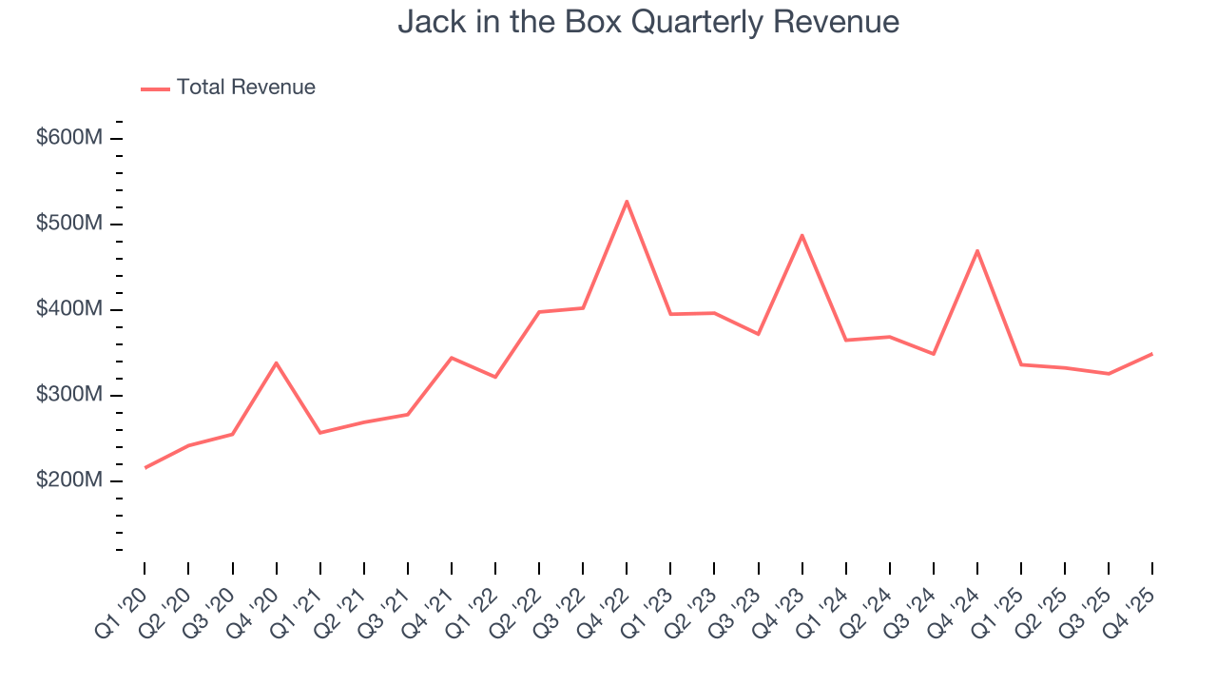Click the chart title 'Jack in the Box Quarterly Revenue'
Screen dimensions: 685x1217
[x=648, y=21]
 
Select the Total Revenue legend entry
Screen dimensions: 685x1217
[x=228, y=88]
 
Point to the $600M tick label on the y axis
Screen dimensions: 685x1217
[x=68, y=138]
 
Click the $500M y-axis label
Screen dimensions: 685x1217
[x=68, y=224]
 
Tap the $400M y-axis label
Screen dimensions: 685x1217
[x=68, y=309]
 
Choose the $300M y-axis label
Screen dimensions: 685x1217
[x=68, y=395]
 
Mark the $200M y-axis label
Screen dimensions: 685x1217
[x=68, y=480]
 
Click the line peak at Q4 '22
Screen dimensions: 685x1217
[x=627, y=201]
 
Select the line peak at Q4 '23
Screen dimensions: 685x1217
[x=802, y=235]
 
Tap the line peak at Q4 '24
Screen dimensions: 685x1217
[x=977, y=250]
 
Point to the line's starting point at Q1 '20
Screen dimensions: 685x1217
[x=145, y=467]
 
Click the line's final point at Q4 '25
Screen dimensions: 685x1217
[x=1152, y=354]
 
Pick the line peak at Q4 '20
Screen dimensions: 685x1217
[x=276, y=362]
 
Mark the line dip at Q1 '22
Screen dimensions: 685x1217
[x=495, y=377]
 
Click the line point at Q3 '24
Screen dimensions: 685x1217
[x=934, y=354]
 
